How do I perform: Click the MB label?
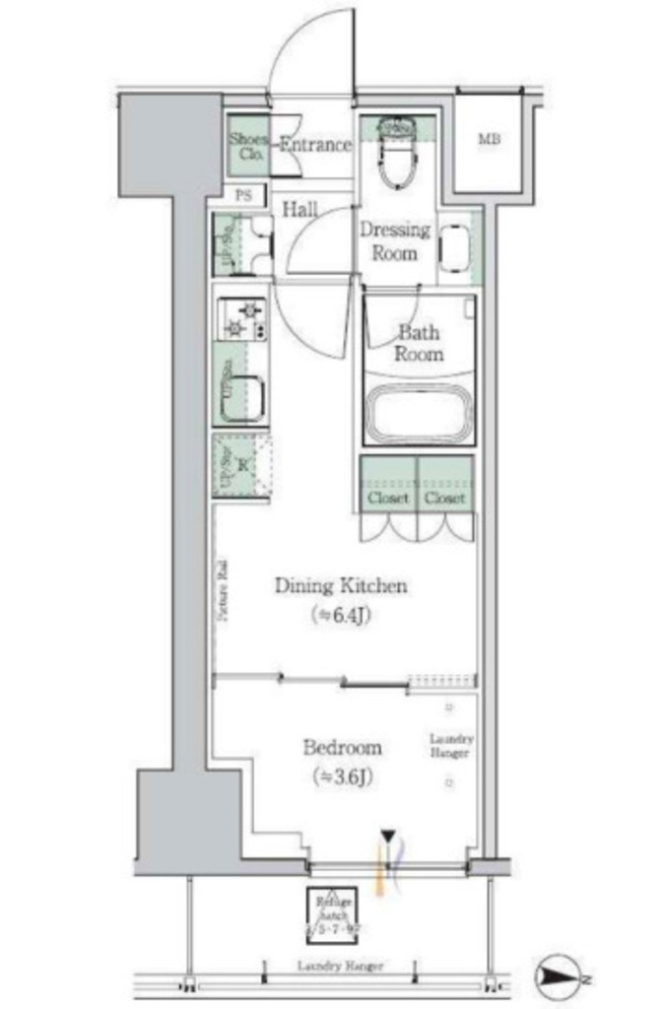tap(489, 140)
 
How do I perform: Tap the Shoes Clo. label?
tap(246, 146)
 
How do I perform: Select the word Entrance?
tap(314, 145)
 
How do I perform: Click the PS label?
tap(243, 195)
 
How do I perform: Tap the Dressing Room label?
tap(394, 241)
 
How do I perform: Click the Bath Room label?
tap(419, 343)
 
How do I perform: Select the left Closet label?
tap(388, 499)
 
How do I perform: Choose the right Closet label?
tap(444, 499)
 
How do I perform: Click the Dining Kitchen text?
tap(340, 587)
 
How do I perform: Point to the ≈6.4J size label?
tap(341, 616)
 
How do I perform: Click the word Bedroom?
tap(342, 747)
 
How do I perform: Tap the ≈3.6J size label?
tap(343, 776)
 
